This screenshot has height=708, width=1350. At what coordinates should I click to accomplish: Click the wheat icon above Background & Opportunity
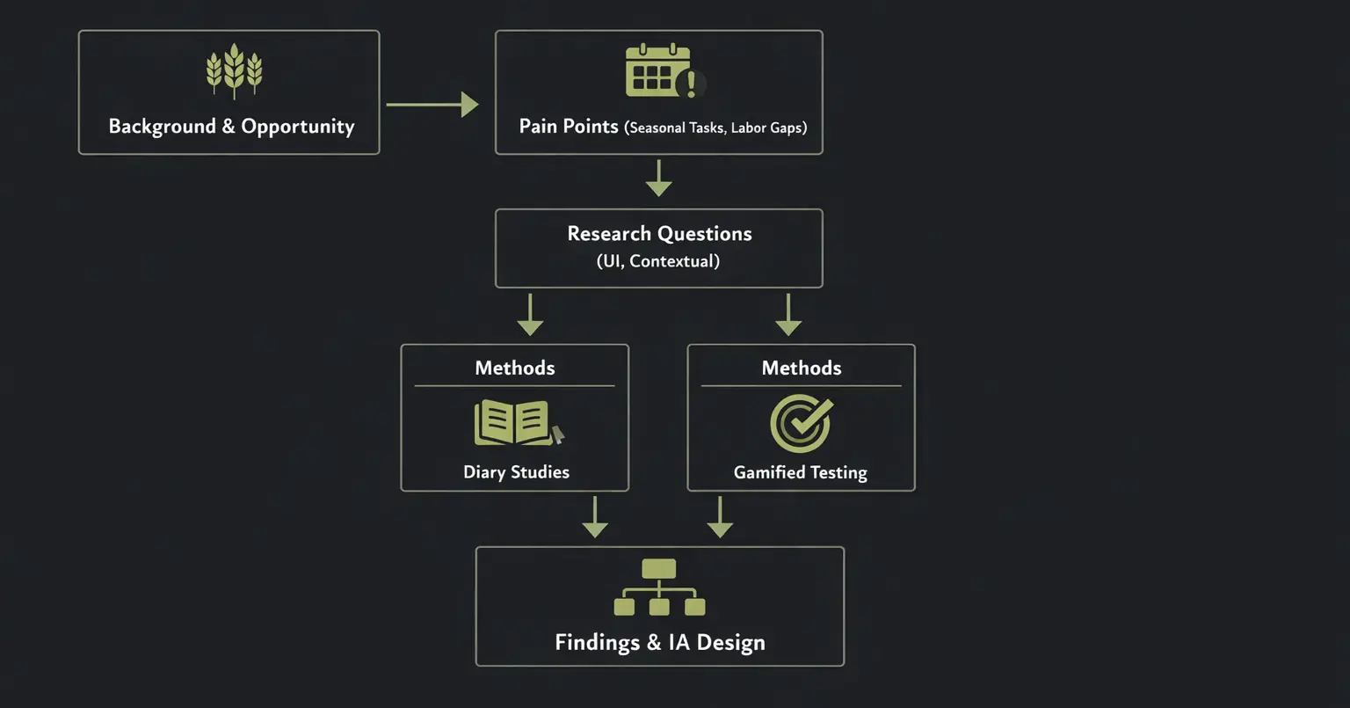234,70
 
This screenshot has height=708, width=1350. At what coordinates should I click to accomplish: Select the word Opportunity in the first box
298,127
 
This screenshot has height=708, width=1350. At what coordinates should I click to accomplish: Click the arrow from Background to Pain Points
432,105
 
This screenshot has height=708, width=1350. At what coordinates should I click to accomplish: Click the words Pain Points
569,127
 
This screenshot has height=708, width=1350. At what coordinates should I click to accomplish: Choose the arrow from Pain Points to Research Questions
659,179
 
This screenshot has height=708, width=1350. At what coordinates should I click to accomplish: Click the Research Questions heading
659,234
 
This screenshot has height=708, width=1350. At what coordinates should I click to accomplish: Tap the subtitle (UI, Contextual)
658,261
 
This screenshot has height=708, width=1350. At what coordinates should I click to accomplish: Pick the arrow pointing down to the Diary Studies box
530,315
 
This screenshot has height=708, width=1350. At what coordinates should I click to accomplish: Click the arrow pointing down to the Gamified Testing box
788,315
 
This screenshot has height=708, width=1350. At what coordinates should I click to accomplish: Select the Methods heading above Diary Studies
515,368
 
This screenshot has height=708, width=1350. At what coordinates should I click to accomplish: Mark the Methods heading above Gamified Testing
802,368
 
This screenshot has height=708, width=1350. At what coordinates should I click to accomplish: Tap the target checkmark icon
801,423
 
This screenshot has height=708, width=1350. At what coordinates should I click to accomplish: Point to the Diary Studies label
516,472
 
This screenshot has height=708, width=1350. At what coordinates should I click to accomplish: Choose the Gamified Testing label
801,473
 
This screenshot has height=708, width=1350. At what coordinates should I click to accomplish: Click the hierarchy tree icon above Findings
659,588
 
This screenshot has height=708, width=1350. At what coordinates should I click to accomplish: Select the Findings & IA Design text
660,643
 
